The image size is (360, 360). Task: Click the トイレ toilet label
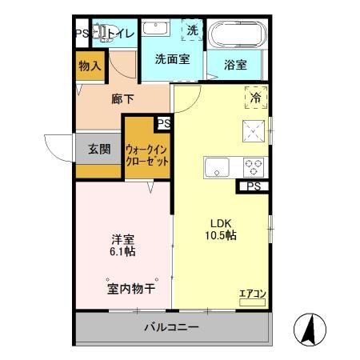(x=120, y=34)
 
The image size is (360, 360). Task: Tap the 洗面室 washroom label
(x=171, y=58)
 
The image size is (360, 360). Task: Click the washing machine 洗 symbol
(x=192, y=30)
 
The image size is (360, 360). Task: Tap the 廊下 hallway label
(x=122, y=99)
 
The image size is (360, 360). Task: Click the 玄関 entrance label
(x=99, y=148)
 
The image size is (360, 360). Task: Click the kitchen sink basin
(x=217, y=168)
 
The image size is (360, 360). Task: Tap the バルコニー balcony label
(x=171, y=328)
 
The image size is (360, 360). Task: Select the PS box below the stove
(x=254, y=186)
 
